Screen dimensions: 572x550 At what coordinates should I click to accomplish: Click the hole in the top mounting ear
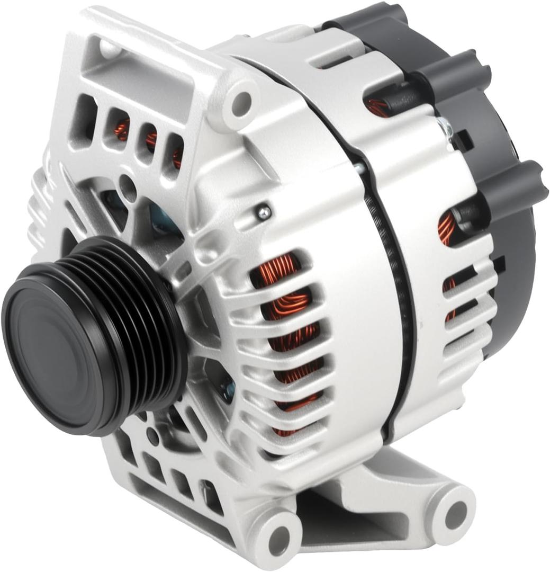click(x=241, y=100)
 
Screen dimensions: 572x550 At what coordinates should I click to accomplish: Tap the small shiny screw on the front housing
click(x=263, y=212)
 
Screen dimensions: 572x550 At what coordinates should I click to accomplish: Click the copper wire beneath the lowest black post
click(x=447, y=228)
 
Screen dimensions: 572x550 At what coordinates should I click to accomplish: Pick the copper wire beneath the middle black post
click(x=378, y=106)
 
